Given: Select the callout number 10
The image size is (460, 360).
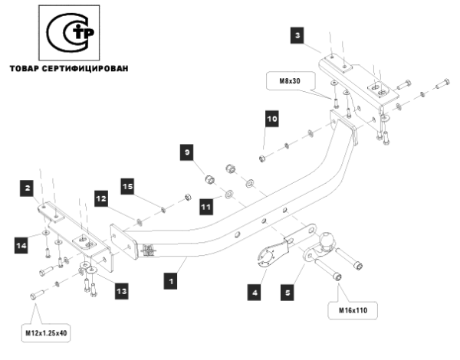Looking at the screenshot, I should tap(271, 120).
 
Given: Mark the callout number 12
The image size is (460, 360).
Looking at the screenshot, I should tap(100, 198).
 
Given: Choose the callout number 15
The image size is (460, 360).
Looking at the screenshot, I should tap(127, 186).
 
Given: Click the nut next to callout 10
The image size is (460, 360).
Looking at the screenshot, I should tap(263, 157).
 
